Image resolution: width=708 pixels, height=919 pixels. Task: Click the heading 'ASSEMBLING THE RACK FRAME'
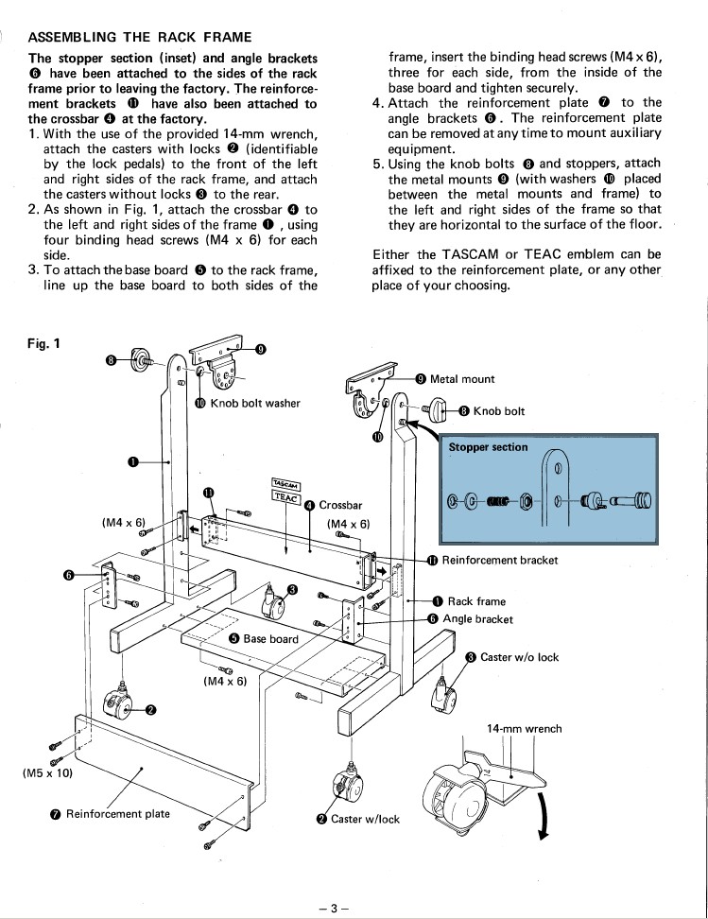click(x=140, y=38)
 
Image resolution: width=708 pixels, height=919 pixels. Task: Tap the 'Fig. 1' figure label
click(x=44, y=343)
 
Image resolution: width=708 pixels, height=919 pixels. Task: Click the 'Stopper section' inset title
click(x=488, y=447)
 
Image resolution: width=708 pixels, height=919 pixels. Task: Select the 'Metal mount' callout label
click(x=462, y=379)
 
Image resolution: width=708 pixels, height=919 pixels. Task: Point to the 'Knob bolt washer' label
click(x=255, y=403)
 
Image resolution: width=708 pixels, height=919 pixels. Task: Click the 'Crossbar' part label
click(x=340, y=505)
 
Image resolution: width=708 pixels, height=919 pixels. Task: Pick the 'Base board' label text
click(x=270, y=639)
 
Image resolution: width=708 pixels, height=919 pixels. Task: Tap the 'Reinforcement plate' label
click(x=118, y=813)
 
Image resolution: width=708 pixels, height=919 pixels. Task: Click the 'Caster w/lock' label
click(x=365, y=819)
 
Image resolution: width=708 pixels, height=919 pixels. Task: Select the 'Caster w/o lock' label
click(x=519, y=657)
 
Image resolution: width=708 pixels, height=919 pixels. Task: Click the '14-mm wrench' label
click(x=524, y=729)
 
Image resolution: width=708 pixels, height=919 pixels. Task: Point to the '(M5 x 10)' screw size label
click(x=47, y=773)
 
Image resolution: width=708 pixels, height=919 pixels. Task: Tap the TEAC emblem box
click(x=286, y=496)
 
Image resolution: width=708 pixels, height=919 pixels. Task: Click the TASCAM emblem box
click(x=286, y=485)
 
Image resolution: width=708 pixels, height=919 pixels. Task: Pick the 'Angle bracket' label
click(x=477, y=619)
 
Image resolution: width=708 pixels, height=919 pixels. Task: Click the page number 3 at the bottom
click(x=334, y=909)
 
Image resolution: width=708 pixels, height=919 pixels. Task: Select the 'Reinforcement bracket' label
click(x=500, y=561)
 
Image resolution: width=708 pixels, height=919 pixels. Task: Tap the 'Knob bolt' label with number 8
click(x=499, y=411)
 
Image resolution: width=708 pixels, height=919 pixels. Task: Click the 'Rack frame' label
click(x=476, y=601)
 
